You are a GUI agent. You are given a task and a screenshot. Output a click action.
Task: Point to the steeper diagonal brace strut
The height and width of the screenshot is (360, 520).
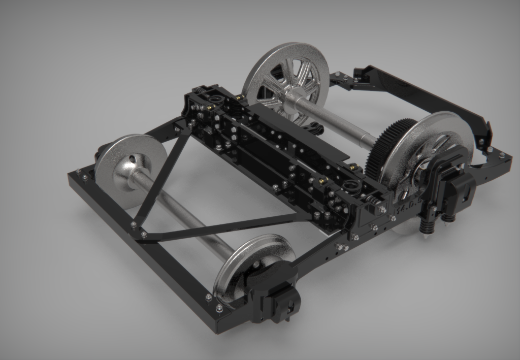[162, 173]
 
